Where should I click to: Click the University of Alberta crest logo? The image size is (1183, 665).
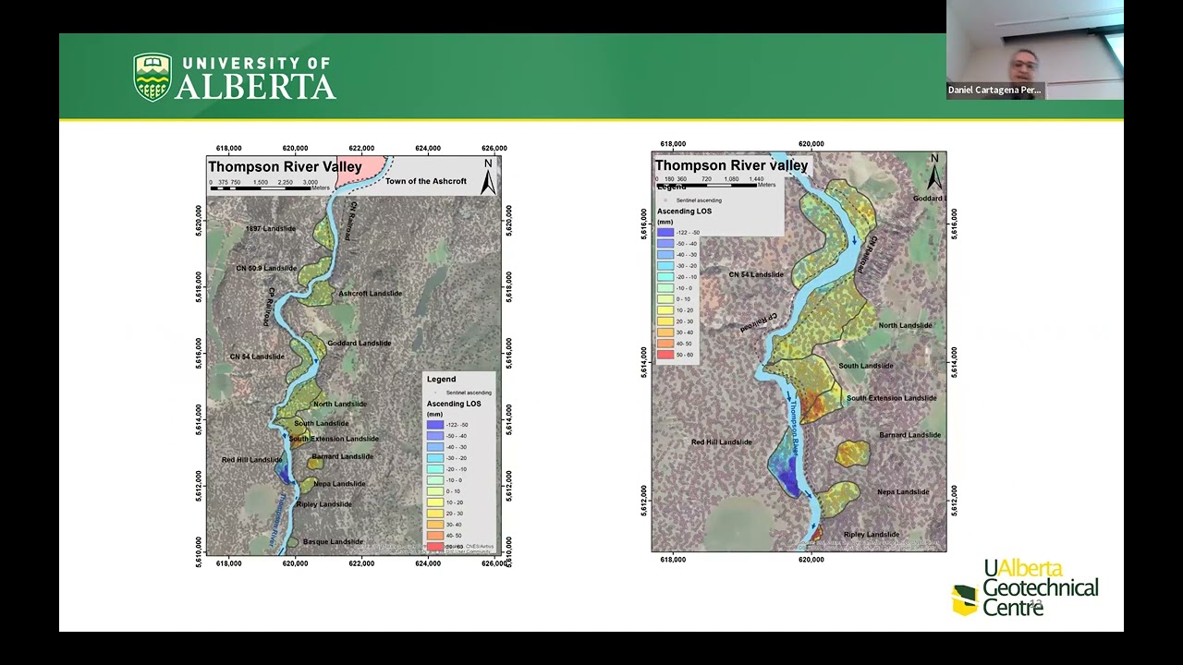[152, 77]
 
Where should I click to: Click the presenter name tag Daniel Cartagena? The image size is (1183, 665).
[994, 90]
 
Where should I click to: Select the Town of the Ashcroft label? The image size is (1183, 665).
[426, 181]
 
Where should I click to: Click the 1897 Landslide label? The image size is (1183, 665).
[271, 228]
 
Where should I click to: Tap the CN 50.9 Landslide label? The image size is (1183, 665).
[267, 268]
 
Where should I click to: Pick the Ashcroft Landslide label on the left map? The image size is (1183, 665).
[370, 294]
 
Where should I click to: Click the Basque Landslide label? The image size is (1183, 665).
[333, 541]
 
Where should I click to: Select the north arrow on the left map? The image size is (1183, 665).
[488, 177]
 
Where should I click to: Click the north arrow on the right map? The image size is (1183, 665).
[934, 171]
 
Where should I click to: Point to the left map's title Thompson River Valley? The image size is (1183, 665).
[285, 167]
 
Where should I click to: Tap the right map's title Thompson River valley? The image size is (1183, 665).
[731, 165]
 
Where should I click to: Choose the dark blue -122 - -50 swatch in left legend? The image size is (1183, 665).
[435, 425]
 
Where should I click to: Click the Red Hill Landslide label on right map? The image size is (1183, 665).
[722, 442]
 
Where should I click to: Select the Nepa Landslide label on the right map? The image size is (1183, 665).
[903, 492]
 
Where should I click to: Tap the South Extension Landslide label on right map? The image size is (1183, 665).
[891, 398]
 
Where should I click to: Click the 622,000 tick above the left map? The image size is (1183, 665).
[361, 148]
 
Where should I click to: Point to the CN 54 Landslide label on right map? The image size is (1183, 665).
[756, 274]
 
